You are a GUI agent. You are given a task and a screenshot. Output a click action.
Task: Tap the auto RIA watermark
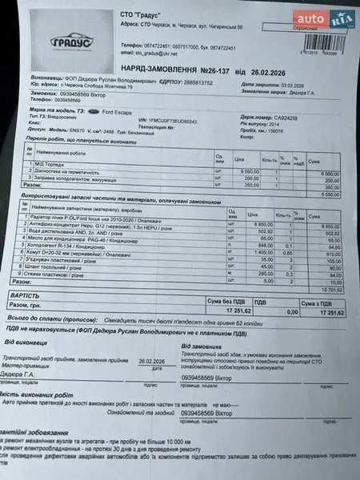click(x=319, y=17)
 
